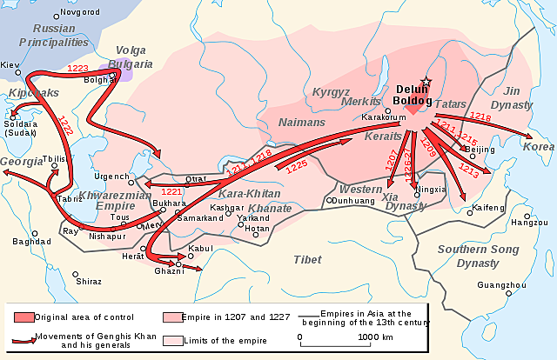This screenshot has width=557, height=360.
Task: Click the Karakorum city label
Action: (385, 116)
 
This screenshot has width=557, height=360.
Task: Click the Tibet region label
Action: (307, 259)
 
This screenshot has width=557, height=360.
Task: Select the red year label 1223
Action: (78, 68)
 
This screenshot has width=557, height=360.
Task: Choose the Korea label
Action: (538, 147)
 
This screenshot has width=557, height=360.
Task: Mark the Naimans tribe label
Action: (301, 123)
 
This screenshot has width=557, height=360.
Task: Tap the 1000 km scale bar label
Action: (374, 337)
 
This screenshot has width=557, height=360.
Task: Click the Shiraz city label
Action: (88, 282)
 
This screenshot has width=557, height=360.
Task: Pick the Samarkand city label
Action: (201, 217)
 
